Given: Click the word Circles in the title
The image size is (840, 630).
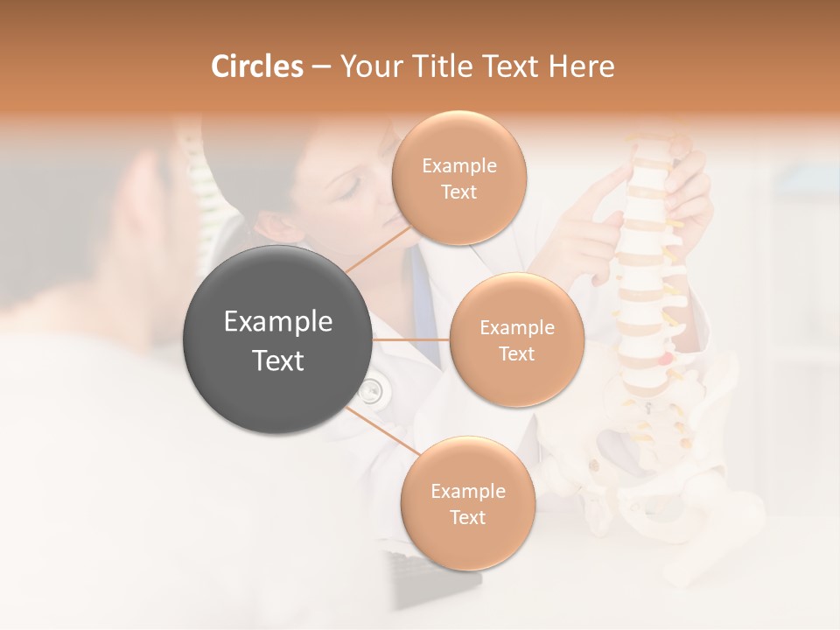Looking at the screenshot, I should (x=256, y=66).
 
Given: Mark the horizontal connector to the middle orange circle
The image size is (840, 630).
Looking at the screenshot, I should (x=411, y=339).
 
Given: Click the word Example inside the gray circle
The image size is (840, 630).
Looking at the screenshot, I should (x=278, y=322).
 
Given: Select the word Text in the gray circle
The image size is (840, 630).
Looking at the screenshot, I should (x=278, y=360).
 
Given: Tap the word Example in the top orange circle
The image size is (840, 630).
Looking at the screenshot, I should (x=458, y=165).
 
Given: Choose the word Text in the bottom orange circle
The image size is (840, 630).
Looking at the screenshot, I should (x=467, y=517).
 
